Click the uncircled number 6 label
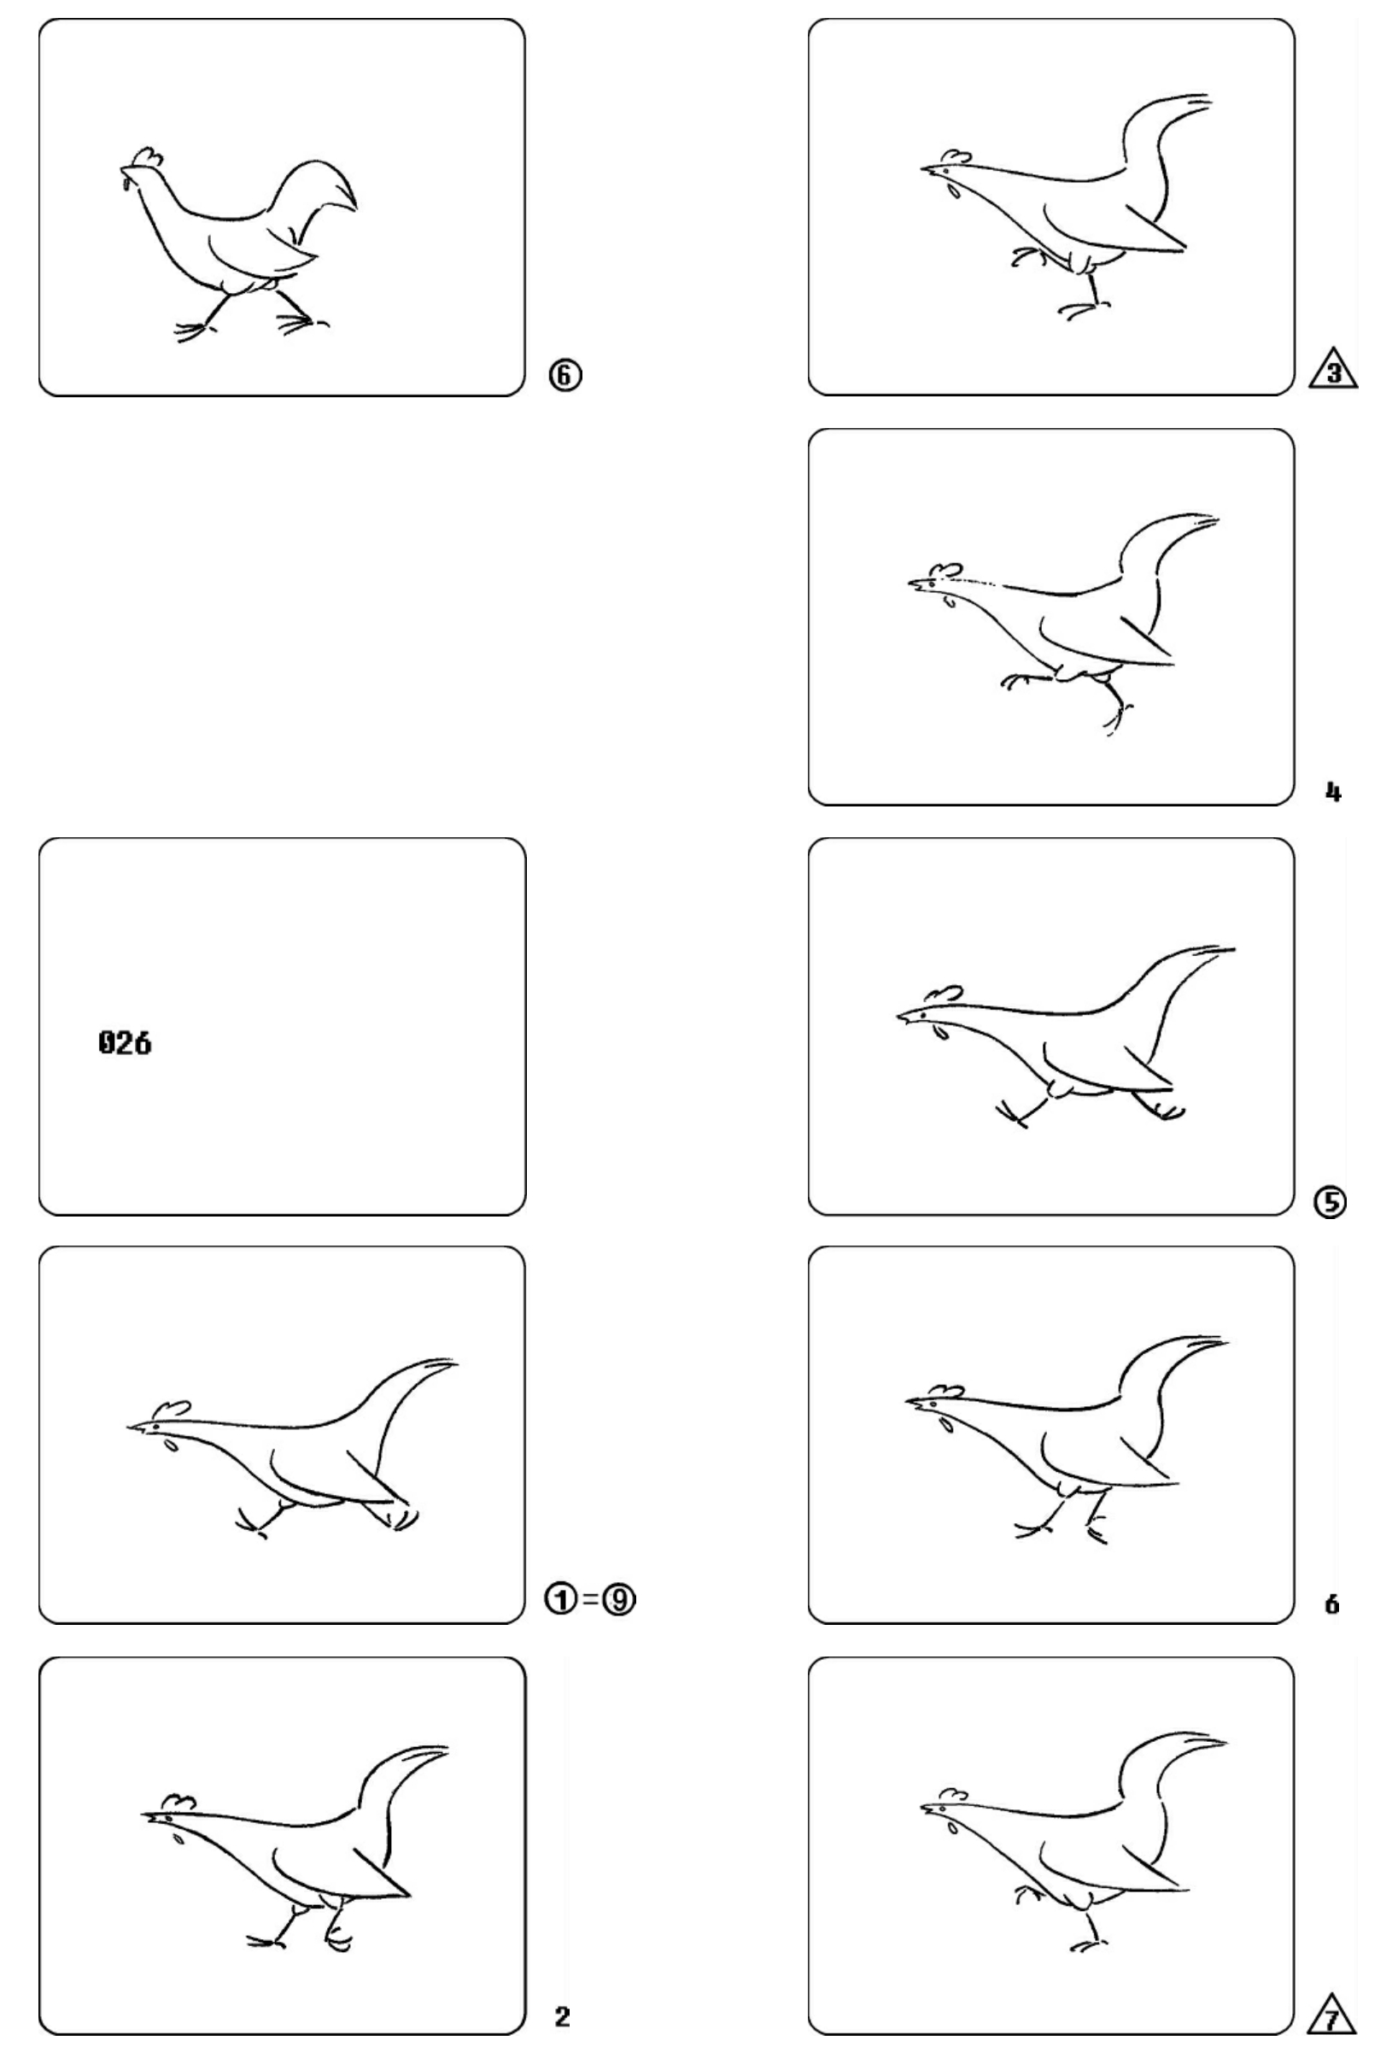tap(1331, 1604)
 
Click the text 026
tap(125, 1042)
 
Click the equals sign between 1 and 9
tap(591, 1599)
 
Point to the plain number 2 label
tap(562, 2013)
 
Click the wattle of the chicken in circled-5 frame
tap(941, 1031)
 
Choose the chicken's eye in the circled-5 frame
tap(921, 1011)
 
